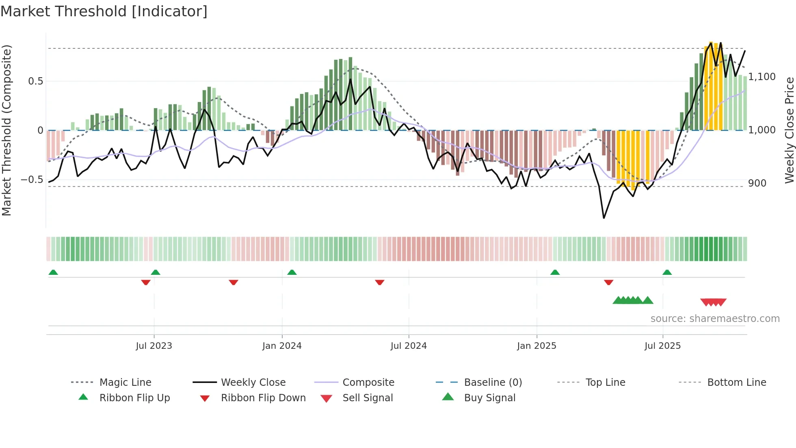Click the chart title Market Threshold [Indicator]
pos(104,11)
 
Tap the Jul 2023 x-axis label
pos(154,346)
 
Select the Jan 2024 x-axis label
pos(282,346)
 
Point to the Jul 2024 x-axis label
pos(409,346)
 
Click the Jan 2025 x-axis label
pos(536,346)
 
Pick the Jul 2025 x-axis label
pos(662,346)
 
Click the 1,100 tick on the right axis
pos(762,77)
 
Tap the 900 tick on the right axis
pos(757,183)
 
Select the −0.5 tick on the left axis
pos(32,180)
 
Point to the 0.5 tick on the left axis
pos(35,81)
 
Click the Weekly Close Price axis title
pos(789,130)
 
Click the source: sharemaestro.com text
pos(715,318)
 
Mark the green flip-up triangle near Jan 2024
pos(292,272)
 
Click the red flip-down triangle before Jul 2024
pos(380,282)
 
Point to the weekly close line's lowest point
pos(604,218)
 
